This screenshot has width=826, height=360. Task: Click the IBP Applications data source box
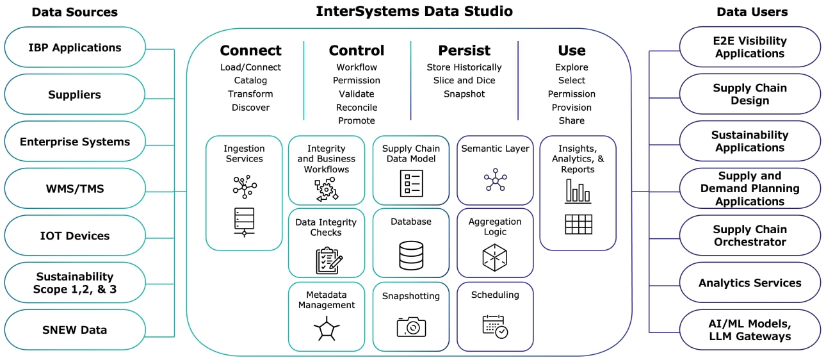tap(75, 47)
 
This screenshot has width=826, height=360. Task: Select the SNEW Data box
tap(75, 330)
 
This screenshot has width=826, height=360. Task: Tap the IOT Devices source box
tap(75, 236)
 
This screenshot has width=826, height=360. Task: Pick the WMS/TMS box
tap(75, 189)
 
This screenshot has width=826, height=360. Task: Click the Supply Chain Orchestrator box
tap(749, 236)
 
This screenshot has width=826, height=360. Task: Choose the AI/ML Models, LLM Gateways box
tap(749, 330)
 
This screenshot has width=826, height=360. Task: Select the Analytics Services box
tap(749, 282)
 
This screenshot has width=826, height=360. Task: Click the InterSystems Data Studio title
tap(414, 12)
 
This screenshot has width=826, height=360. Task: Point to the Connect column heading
tap(250, 51)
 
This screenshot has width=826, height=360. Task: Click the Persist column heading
tap(464, 51)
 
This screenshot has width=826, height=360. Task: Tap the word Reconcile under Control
tap(357, 108)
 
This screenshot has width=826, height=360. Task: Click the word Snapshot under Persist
tap(464, 94)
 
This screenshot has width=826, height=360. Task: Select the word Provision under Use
tap(571, 108)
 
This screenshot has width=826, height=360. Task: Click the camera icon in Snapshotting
tap(411, 326)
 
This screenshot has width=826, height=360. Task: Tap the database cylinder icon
tap(411, 255)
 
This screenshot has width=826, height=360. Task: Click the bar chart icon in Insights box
tap(578, 191)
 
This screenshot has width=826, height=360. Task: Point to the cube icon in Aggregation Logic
tap(494, 256)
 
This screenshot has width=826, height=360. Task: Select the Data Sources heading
tap(75, 12)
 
